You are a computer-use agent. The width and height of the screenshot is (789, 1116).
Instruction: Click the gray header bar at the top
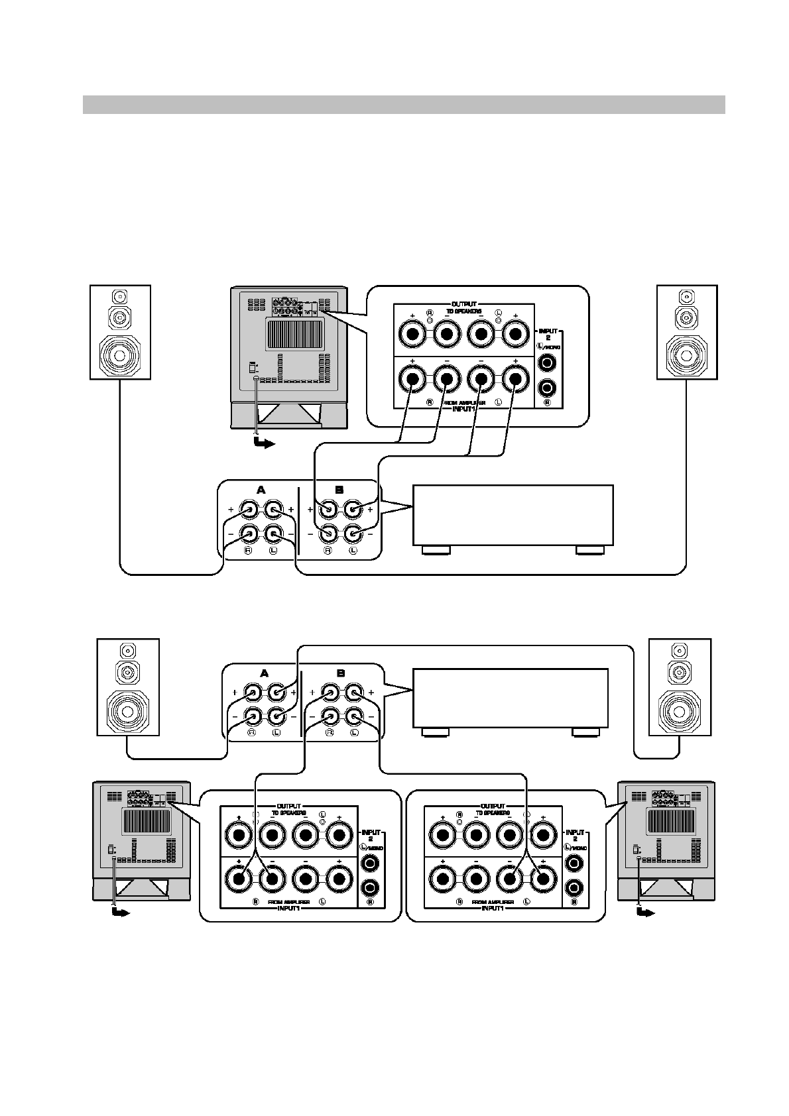click(403, 105)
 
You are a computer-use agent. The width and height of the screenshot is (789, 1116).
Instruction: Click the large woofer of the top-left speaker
click(120, 356)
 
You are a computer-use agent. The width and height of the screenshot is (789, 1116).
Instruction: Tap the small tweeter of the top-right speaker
click(686, 296)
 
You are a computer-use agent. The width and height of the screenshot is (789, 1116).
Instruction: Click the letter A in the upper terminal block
click(261, 489)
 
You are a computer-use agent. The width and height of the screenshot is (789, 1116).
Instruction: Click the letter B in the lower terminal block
click(341, 673)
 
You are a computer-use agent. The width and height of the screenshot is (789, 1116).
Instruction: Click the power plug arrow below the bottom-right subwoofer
click(644, 913)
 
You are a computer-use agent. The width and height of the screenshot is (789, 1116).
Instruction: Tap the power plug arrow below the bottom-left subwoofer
click(120, 913)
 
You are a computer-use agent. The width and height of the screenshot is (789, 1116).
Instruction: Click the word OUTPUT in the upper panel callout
click(464, 304)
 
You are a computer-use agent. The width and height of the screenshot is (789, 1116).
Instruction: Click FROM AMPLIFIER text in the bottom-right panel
click(491, 902)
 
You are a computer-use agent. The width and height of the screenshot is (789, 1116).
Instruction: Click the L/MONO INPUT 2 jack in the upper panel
click(548, 363)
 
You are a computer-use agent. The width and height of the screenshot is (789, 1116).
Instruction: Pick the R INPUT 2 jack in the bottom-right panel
click(575, 887)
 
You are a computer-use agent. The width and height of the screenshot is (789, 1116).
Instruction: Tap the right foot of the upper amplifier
click(590, 550)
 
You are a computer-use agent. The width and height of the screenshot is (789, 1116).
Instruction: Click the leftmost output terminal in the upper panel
click(412, 335)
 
